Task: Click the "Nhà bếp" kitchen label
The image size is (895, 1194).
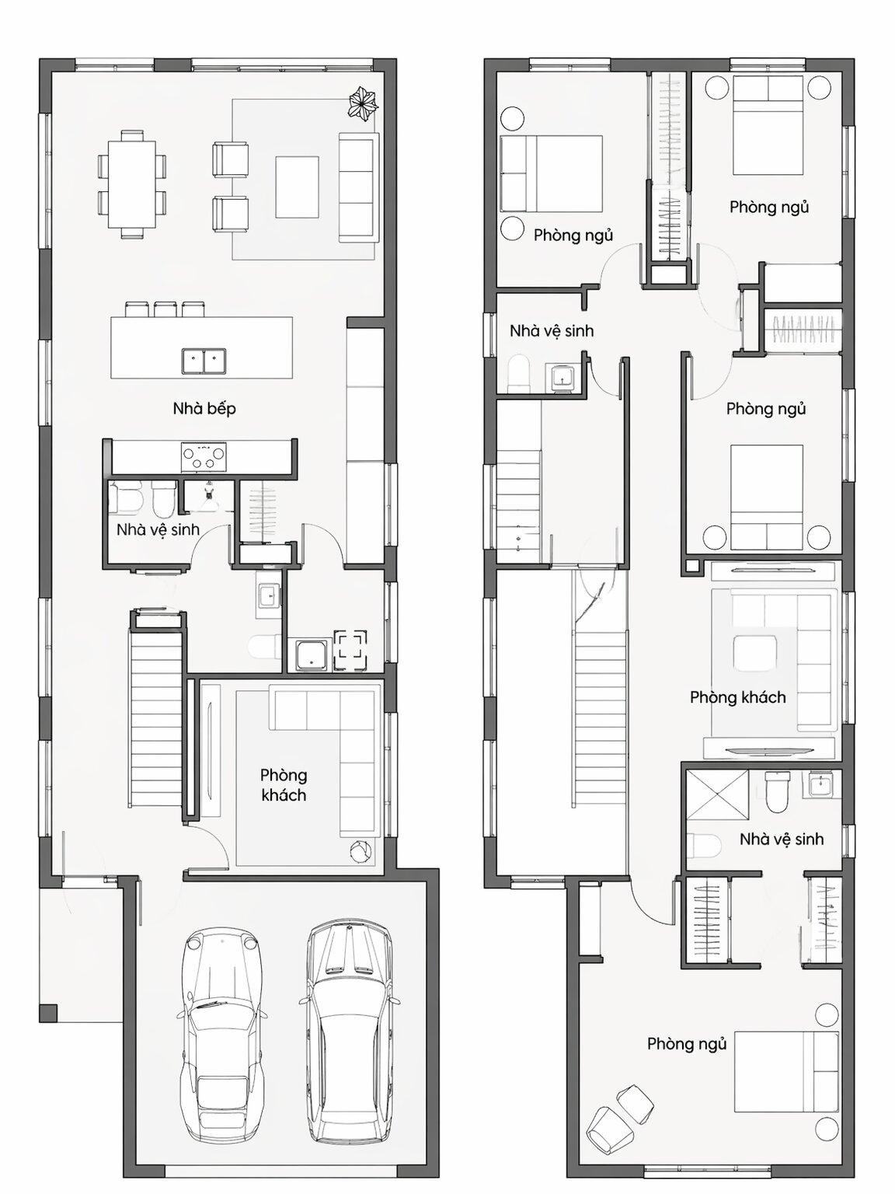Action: [x=204, y=409]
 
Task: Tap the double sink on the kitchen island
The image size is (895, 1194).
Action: [x=204, y=361]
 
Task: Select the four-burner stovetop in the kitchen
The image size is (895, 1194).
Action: [x=204, y=457]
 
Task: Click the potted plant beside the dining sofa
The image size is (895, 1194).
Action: [x=363, y=103]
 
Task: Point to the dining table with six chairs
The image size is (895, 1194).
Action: [x=132, y=184]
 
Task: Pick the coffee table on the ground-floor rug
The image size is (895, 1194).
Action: [x=297, y=187]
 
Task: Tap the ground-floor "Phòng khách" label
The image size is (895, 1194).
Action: [x=283, y=785]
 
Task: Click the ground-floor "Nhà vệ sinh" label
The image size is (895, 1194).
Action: [x=158, y=529]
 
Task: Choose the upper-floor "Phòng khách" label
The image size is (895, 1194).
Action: [x=738, y=697]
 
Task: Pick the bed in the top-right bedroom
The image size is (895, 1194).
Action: [x=768, y=124]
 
